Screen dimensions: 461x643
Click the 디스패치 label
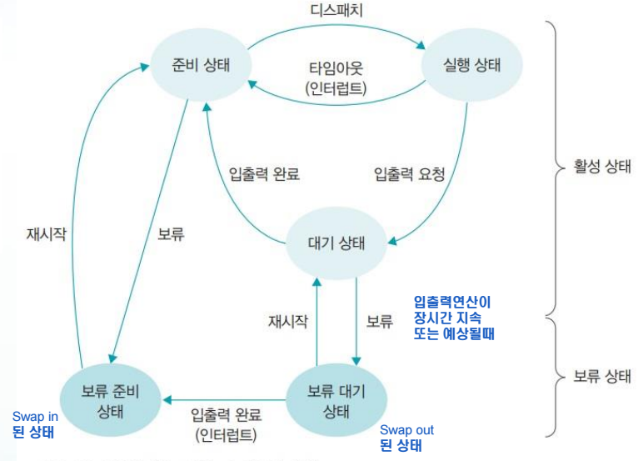pyautogui.click(x=336, y=13)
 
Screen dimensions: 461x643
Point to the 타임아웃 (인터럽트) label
pyautogui.click(x=336, y=78)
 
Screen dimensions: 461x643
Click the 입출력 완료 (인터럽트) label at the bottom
pyautogui.click(x=227, y=423)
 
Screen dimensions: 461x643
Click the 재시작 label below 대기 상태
pyautogui.click(x=287, y=320)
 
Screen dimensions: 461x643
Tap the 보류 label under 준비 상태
pyautogui.click(x=171, y=234)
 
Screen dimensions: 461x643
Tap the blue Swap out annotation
pyautogui.click(x=406, y=438)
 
